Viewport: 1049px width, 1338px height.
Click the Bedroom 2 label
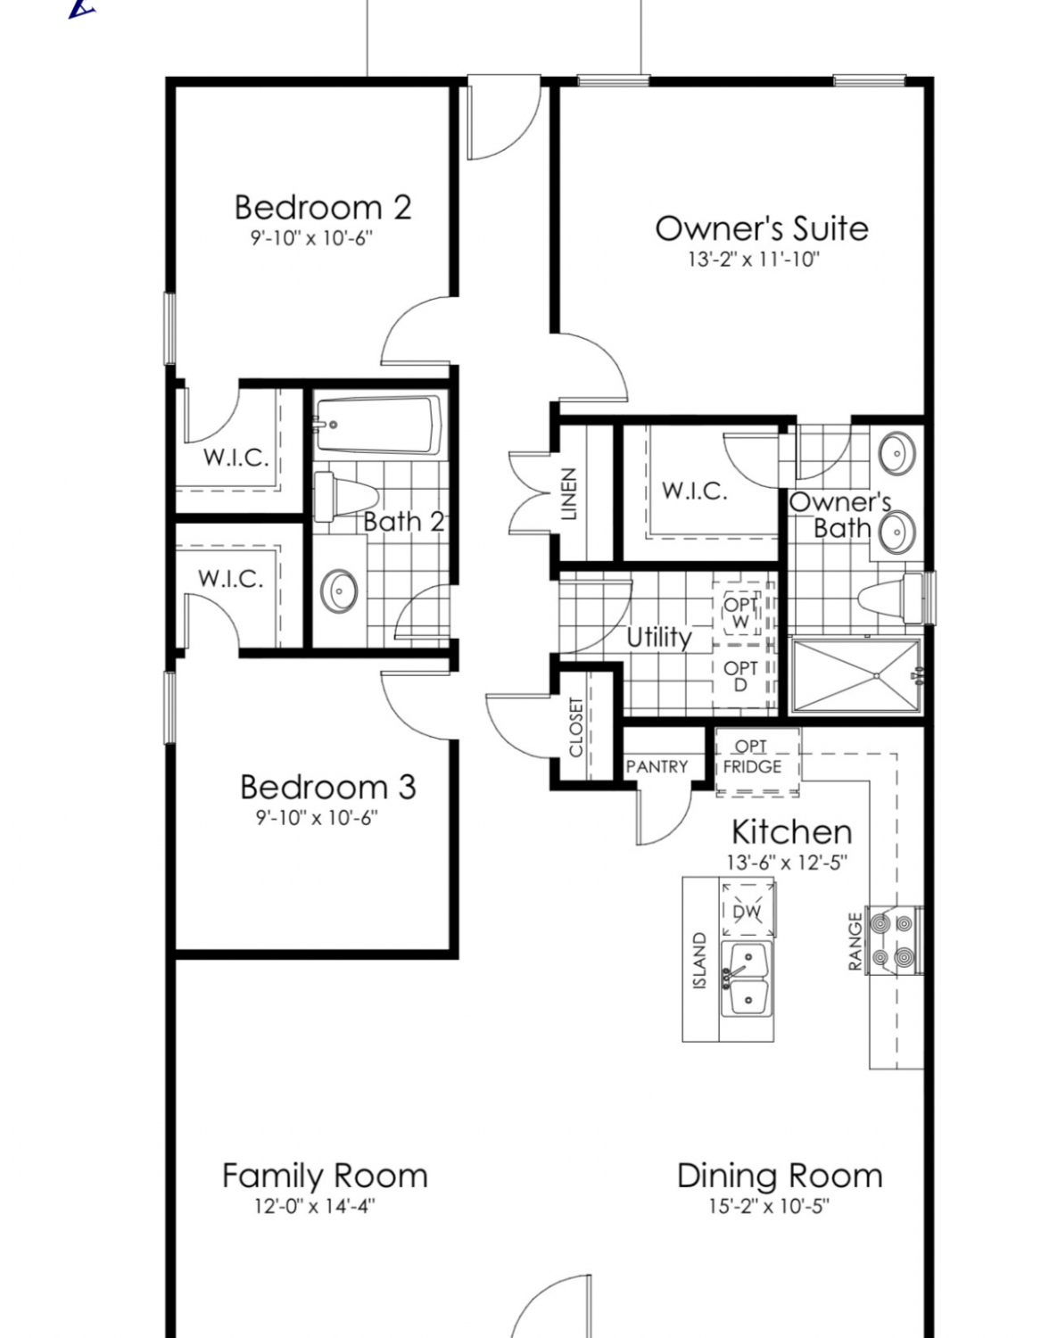[x=323, y=208]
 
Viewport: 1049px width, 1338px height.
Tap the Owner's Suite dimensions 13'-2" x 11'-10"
[x=754, y=260]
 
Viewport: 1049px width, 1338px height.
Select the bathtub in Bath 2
[x=378, y=425]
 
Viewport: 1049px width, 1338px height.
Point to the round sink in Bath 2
[x=339, y=591]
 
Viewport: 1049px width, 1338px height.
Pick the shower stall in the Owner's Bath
[x=856, y=676]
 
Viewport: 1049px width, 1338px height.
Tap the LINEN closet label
[x=569, y=494]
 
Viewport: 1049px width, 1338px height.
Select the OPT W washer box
[x=741, y=614]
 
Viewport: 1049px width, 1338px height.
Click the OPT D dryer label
[x=740, y=676]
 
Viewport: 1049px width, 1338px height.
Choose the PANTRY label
[x=657, y=766]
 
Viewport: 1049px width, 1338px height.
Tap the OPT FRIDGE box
[x=758, y=762]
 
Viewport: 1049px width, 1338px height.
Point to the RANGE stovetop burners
[x=893, y=940]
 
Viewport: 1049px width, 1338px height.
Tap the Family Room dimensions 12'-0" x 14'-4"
[x=315, y=1205]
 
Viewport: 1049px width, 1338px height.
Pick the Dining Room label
[x=780, y=1176]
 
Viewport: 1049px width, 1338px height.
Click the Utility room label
[x=659, y=637]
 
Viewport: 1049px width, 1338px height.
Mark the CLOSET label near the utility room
[x=575, y=727]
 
